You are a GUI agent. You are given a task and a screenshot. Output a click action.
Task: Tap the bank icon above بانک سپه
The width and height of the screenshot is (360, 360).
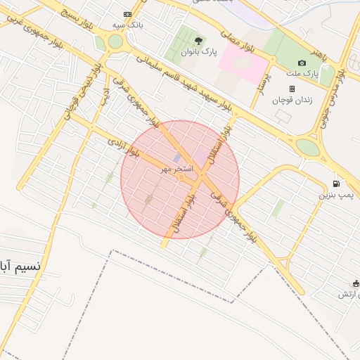click(127, 14)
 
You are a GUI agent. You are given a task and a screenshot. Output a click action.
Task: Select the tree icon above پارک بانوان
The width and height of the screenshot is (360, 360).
click(199, 41)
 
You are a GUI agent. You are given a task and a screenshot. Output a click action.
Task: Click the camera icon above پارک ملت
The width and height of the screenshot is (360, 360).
click(302, 63)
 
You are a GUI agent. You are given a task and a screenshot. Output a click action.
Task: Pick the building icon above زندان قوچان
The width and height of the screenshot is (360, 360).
click(292, 89)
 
